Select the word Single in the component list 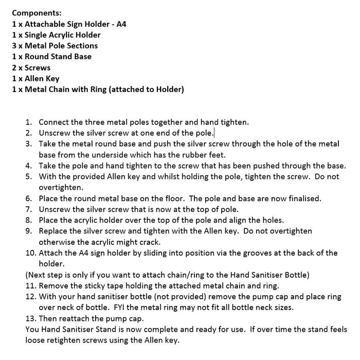tap(37, 35)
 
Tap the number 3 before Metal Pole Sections tap(14, 46)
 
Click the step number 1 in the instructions tap(28, 122)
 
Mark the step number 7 tap(28, 209)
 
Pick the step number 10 tap(30, 253)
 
